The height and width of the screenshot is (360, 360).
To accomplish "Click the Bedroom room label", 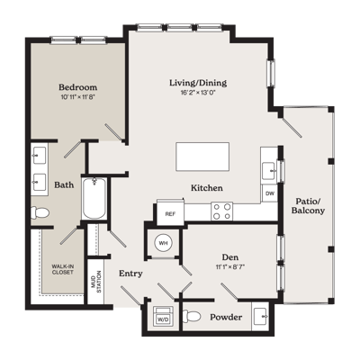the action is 78,87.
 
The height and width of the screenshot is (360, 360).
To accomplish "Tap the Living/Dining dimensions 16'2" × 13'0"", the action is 198,93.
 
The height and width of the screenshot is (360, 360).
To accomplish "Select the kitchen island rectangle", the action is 202,157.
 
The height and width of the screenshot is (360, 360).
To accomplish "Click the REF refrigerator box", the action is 170,214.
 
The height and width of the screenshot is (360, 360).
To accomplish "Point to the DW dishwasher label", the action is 270,193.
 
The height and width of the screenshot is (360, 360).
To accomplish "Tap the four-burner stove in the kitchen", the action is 222,211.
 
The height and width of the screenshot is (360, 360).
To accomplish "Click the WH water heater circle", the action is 163,243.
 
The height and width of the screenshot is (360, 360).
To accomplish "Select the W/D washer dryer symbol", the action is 163,316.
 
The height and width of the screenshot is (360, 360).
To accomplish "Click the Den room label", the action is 230,256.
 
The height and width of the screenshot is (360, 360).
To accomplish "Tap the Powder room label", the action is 226,317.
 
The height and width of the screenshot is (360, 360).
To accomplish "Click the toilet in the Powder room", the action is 192,317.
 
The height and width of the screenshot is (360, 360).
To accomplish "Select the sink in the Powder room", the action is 261,317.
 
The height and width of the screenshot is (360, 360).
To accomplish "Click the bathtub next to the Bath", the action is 94,198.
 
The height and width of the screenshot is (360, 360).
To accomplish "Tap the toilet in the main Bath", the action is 40,212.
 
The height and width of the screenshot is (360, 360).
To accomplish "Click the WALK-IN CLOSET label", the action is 63,269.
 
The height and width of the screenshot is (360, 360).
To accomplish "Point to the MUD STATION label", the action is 96,283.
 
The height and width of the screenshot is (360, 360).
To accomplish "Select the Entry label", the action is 130,274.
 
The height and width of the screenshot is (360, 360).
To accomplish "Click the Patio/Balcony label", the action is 308,205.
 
